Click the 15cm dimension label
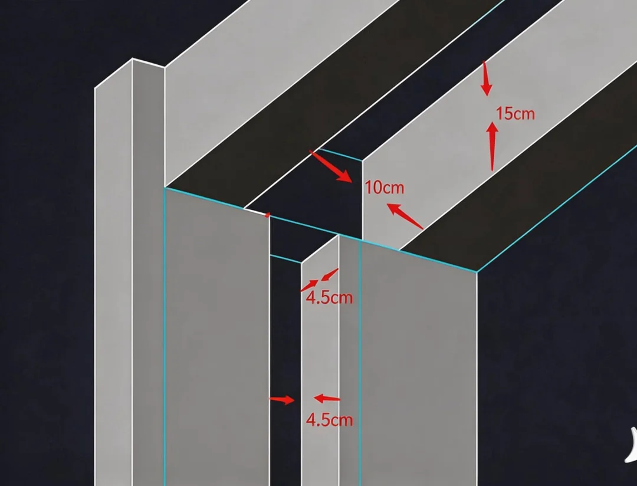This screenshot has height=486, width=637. pyautogui.click(x=515, y=113)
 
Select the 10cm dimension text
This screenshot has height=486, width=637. pyautogui.click(x=385, y=188)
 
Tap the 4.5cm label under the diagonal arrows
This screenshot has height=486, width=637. pyautogui.click(x=329, y=298)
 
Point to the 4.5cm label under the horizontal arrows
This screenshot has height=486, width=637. pyautogui.click(x=329, y=420)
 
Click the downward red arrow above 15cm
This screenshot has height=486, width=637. pyautogui.click(x=486, y=79)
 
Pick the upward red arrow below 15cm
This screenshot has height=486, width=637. pyautogui.click(x=492, y=146)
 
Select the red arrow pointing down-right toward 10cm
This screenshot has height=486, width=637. pyautogui.click(x=331, y=166)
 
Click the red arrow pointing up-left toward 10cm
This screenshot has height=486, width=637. pyautogui.click(x=405, y=216)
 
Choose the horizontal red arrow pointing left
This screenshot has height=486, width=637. pyautogui.click(x=327, y=398)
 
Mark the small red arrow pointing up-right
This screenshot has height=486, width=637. pyautogui.click(x=310, y=285)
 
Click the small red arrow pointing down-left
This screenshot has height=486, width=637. pyautogui.click(x=330, y=275)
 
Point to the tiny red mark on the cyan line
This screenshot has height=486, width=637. pyautogui.click(x=267, y=215)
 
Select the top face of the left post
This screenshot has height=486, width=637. pyautogui.click(x=129, y=73)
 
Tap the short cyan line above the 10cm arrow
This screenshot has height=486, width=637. pyautogui.click(x=340, y=155)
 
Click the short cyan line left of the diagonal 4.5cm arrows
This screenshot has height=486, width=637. pyautogui.click(x=285, y=259)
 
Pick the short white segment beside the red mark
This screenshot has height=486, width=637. pyautogui.click(x=255, y=211)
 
